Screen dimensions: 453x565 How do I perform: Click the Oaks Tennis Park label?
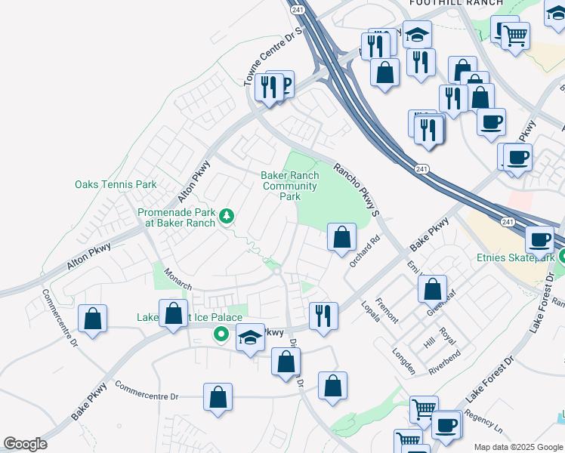click(x=116, y=184)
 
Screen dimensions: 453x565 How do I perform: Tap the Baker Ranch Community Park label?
click(x=290, y=186)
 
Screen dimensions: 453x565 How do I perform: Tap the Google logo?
click(x=25, y=444)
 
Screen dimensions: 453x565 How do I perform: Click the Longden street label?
click(x=403, y=362)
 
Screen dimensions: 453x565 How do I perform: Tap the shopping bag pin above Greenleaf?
click(x=432, y=288)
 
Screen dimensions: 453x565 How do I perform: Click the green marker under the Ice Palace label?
click(x=221, y=334)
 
